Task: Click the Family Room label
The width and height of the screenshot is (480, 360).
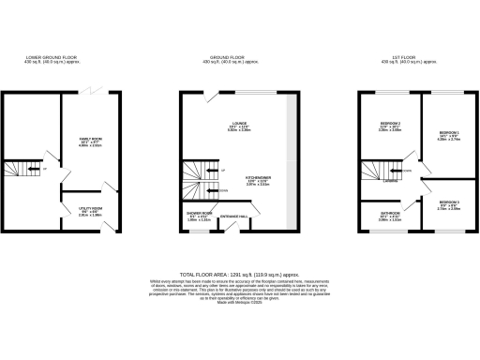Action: point(90,139)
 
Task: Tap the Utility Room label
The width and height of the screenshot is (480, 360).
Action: point(90,209)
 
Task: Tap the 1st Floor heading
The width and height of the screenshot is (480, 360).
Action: point(410,58)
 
